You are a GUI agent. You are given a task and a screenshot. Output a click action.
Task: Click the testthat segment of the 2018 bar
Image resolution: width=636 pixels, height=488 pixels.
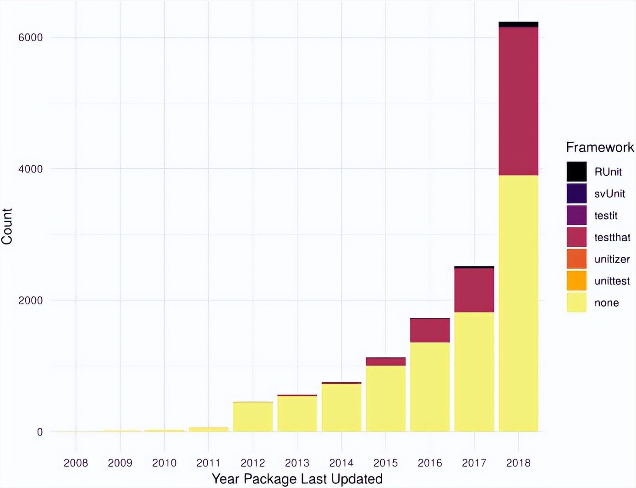pyautogui.click(x=518, y=101)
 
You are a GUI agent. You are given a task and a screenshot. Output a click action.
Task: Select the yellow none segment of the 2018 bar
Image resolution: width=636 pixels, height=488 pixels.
pyautogui.click(x=518, y=303)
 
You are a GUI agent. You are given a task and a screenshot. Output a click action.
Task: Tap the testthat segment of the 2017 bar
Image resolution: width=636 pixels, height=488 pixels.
pyautogui.click(x=474, y=290)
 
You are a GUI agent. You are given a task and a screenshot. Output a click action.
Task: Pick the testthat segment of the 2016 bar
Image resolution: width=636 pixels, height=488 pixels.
pyautogui.click(x=430, y=330)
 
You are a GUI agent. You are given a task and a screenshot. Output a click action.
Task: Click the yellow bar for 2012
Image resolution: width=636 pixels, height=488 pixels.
pyautogui.click(x=253, y=417)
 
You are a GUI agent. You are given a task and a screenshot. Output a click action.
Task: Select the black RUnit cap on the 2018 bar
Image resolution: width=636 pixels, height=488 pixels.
pyautogui.click(x=518, y=24)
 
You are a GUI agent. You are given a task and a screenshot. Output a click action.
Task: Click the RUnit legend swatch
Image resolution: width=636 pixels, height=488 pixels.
pyautogui.click(x=576, y=172)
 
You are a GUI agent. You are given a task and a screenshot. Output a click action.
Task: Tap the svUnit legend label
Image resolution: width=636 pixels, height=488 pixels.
pyautogui.click(x=609, y=194)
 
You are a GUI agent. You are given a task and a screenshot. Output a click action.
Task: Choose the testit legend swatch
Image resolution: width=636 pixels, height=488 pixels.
pyautogui.click(x=576, y=215)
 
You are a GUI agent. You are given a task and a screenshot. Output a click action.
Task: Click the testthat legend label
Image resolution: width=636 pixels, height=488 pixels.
pyautogui.click(x=612, y=237)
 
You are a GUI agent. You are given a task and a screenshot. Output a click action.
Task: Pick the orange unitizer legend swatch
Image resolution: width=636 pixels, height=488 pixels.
pyautogui.click(x=576, y=259)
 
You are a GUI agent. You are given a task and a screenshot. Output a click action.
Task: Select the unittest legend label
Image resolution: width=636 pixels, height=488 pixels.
pyautogui.click(x=612, y=281)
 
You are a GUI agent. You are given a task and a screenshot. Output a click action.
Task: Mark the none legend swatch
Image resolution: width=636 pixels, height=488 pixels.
pyautogui.click(x=576, y=303)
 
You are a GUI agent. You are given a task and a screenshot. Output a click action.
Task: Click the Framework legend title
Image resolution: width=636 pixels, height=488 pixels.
pyautogui.click(x=600, y=147)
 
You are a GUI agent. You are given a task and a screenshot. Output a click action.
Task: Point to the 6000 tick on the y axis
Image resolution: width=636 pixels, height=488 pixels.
pyautogui.click(x=30, y=37)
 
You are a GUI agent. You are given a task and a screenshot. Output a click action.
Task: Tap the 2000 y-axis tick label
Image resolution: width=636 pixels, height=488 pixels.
pyautogui.click(x=30, y=300)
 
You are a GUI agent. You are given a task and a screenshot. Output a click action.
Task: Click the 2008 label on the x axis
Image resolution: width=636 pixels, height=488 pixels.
pyautogui.click(x=76, y=463)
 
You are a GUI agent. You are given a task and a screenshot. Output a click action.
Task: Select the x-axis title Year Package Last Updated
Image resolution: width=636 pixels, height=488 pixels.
pyautogui.click(x=297, y=479)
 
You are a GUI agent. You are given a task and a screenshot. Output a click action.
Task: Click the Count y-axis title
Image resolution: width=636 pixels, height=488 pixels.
pyautogui.click(x=7, y=226)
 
